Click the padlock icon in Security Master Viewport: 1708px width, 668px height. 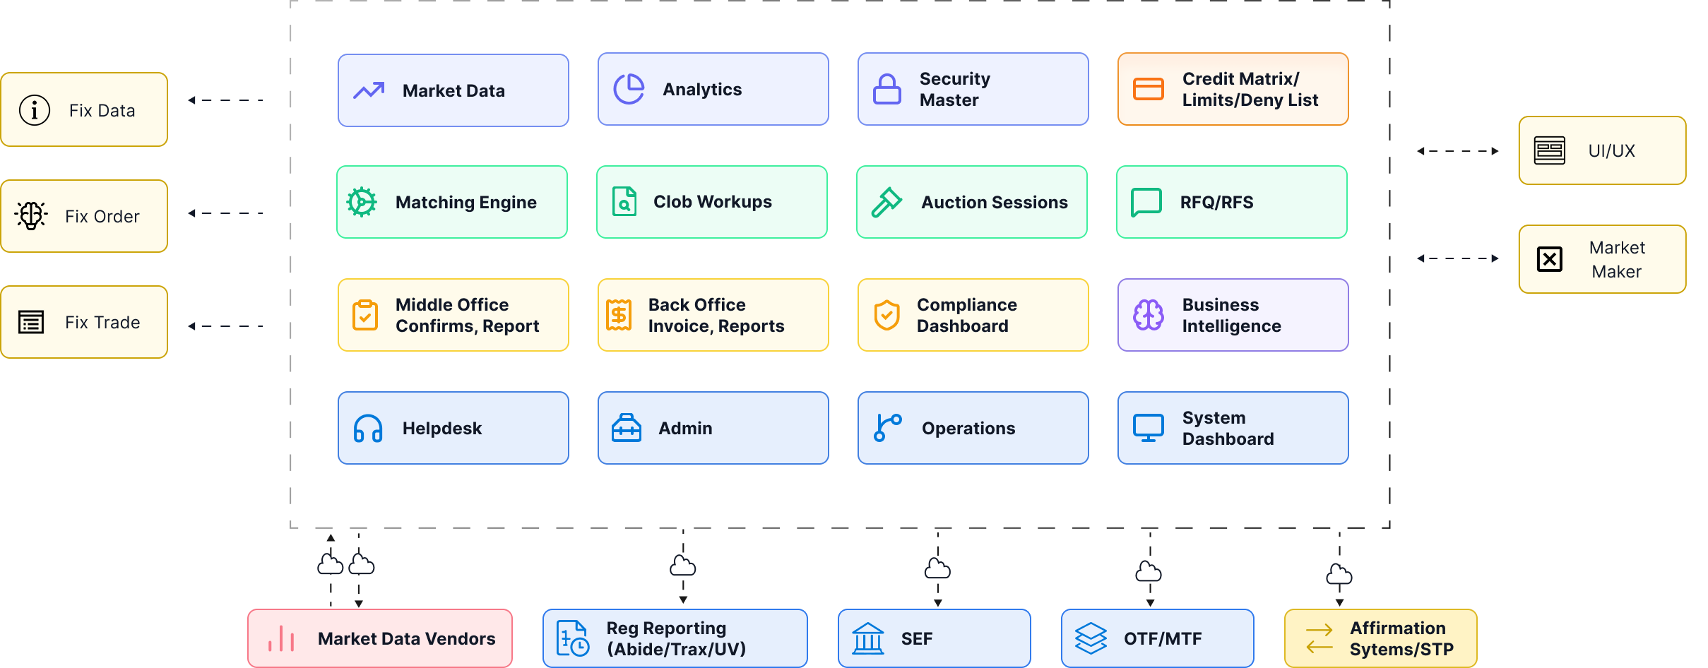(x=886, y=90)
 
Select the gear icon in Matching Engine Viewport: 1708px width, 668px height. (x=362, y=202)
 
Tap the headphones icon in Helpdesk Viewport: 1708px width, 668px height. (x=368, y=428)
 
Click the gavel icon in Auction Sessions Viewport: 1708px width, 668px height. (x=886, y=202)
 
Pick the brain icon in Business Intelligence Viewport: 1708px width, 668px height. (x=1149, y=315)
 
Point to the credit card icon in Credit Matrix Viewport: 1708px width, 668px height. (x=1149, y=89)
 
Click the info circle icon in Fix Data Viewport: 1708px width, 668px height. (x=35, y=110)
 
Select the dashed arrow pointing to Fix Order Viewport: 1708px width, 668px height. (x=225, y=213)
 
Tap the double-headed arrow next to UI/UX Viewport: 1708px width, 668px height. (x=1458, y=151)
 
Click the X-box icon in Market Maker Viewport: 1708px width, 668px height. (x=1550, y=259)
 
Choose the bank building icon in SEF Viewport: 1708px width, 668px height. (x=868, y=638)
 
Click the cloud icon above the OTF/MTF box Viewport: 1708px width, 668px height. (x=1149, y=571)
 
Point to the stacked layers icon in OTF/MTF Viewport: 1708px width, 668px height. (x=1091, y=638)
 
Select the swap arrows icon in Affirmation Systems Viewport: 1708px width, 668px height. (x=1319, y=638)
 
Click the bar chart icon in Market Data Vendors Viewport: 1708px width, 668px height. (x=281, y=638)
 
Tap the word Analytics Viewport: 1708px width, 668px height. (x=702, y=90)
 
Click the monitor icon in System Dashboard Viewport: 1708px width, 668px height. (x=1149, y=428)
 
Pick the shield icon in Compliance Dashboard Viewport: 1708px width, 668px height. (x=886, y=315)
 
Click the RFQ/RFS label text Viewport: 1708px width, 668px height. (x=1216, y=203)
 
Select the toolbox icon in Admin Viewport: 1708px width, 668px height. (x=627, y=428)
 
